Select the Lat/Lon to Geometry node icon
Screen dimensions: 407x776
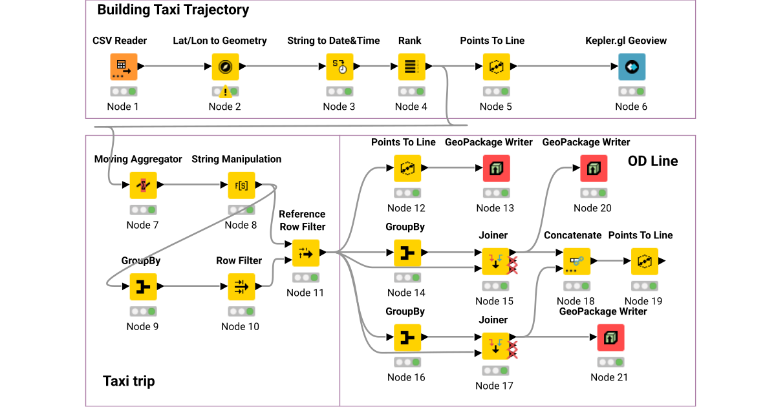225,67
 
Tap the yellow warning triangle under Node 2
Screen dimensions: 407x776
225,92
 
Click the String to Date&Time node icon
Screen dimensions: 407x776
339,67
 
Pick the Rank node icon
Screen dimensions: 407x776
411,67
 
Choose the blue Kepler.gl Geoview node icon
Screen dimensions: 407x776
631,67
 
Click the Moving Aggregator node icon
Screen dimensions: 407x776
143,185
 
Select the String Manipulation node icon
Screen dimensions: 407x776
241,185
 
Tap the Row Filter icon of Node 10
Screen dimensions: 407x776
241,286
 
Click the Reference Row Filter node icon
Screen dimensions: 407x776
305,253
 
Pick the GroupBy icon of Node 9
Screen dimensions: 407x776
143,286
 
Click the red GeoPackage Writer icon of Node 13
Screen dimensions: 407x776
496,168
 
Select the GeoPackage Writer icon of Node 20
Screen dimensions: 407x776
593,168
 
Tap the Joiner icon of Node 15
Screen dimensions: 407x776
495,261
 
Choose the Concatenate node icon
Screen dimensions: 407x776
577,261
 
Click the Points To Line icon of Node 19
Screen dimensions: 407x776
644,261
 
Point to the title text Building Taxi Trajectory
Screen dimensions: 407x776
173,10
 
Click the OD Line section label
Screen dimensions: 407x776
652,162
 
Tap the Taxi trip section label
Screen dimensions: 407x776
129,381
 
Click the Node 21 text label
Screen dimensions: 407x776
609,377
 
